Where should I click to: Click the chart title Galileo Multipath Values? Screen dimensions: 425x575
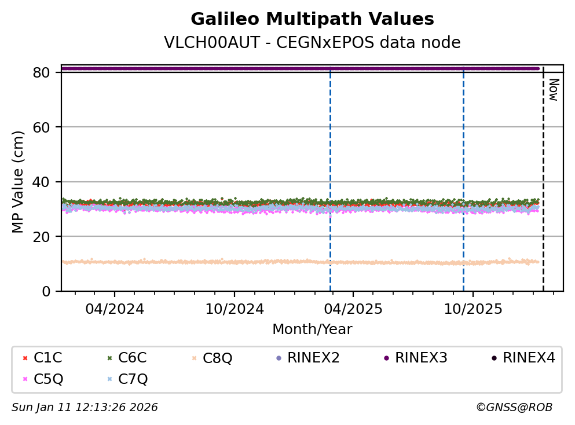point(312,20)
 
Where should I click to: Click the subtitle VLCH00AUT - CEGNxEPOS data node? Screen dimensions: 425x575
point(312,43)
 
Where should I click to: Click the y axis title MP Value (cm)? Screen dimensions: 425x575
point(19,182)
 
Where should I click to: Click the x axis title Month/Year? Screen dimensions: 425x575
point(312,329)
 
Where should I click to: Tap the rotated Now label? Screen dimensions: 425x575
point(553,90)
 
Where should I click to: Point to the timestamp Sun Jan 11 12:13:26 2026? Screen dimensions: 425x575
point(85,408)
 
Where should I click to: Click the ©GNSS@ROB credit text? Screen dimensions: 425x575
point(514,408)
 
